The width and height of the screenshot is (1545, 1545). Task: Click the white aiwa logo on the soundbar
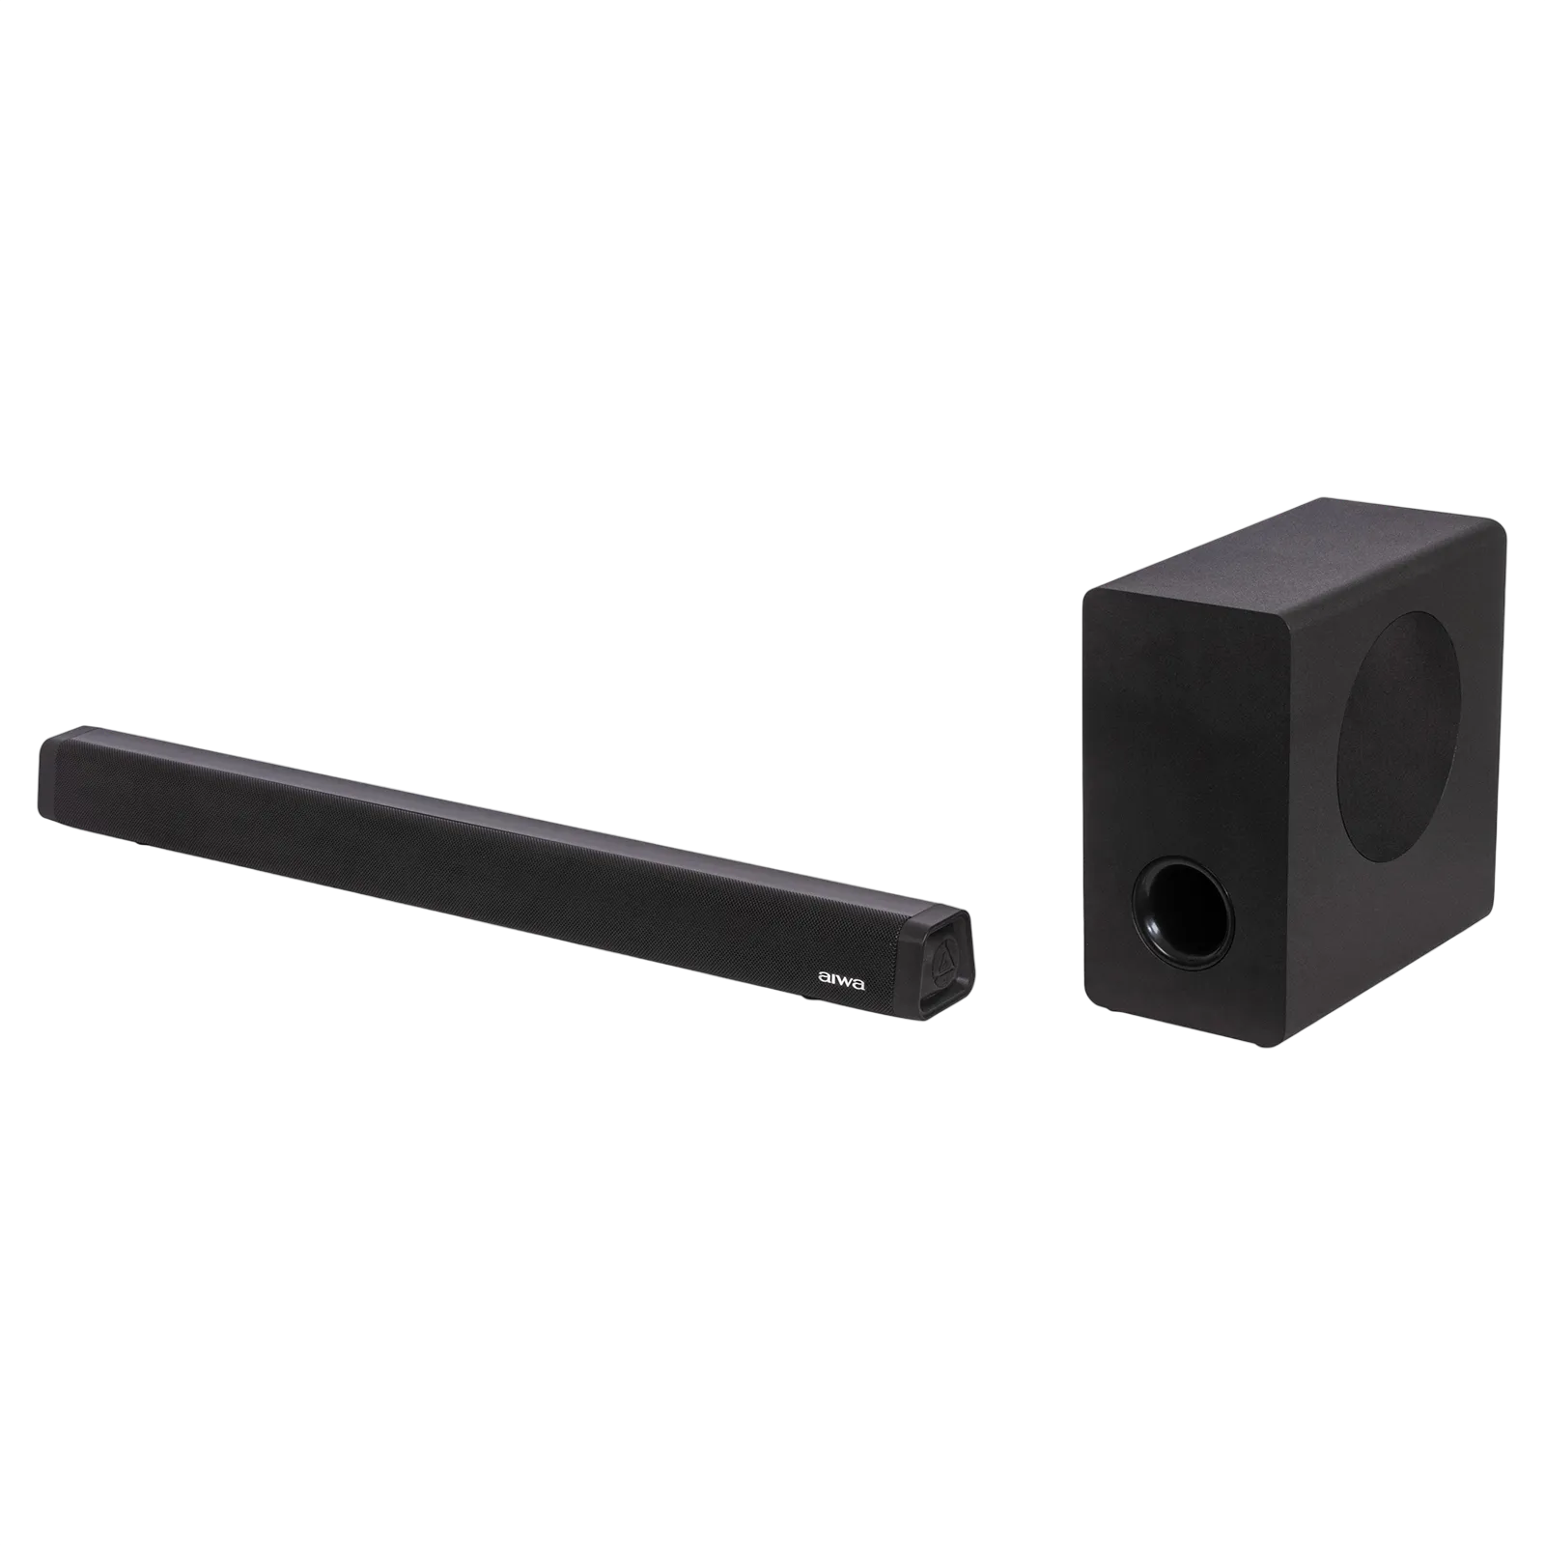(x=842, y=980)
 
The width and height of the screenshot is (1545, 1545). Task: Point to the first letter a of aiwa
(x=825, y=979)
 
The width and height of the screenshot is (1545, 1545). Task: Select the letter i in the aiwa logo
(x=833, y=979)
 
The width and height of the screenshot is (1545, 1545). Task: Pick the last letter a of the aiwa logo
(x=860, y=982)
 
